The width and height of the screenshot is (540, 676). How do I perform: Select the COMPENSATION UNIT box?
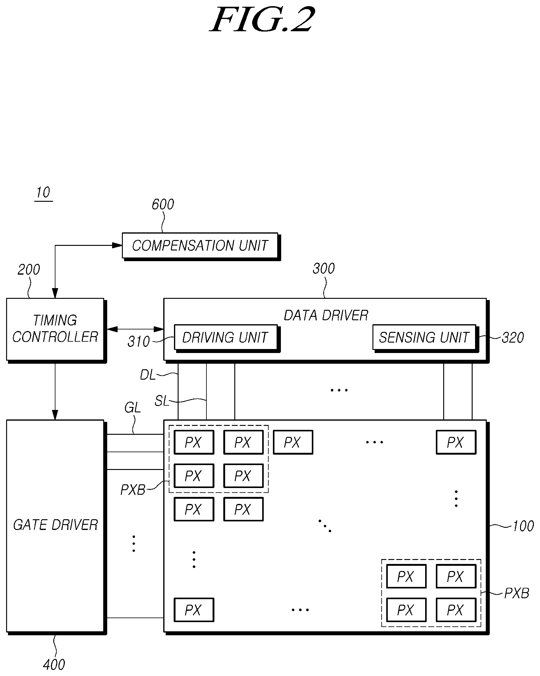201,246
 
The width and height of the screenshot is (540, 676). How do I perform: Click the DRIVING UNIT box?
227,338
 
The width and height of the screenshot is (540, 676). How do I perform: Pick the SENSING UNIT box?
425,338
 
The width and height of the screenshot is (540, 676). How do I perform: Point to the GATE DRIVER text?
55,525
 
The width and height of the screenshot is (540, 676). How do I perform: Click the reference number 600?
163,205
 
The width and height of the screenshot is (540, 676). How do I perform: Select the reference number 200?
29,270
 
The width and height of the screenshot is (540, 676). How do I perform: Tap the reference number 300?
324,269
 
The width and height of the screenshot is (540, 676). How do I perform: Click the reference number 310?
139,341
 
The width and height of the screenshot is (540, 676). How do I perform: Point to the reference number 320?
513,338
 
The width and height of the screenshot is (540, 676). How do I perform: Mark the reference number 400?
54,665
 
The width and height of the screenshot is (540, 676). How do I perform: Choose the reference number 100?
523,526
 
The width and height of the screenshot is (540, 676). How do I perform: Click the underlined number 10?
43,193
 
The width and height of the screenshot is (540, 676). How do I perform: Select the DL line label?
147,375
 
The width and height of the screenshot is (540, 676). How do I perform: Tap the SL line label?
162,401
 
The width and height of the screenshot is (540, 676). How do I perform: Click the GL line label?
132,407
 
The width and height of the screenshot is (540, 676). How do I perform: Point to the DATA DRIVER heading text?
326,315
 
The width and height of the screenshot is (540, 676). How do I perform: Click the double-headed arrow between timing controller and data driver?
136,329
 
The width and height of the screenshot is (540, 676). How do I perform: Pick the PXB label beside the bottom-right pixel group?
517,593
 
